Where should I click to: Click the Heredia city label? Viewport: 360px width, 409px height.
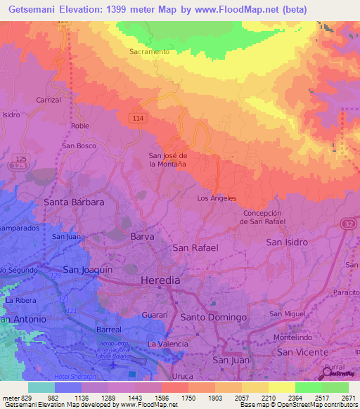coord(161,280)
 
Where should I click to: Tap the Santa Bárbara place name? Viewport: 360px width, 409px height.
coord(74,202)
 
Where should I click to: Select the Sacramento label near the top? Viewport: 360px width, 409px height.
coord(149,52)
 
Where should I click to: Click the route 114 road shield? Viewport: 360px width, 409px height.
coord(137,119)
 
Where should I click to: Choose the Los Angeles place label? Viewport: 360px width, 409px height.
coord(217,198)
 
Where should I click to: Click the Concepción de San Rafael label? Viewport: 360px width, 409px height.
coord(262,217)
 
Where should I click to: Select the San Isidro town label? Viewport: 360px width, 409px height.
coord(287,242)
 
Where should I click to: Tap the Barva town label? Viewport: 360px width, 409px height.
coord(142,237)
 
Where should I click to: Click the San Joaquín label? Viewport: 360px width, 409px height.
coord(88,269)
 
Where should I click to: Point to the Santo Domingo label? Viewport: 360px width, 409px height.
coord(214,317)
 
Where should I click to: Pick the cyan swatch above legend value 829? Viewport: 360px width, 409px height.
coord(41,387)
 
